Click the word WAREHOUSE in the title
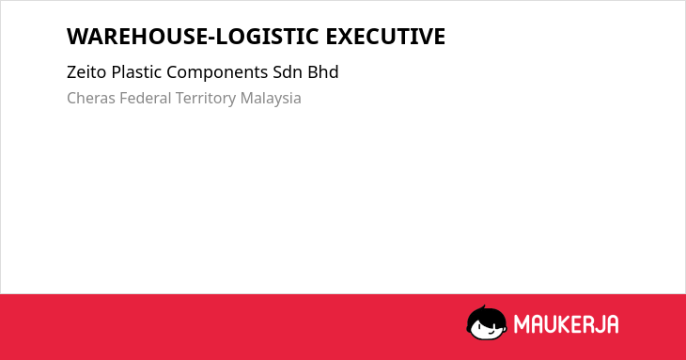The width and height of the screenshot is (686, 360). point(138,37)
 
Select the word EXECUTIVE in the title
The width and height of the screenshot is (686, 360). point(385,37)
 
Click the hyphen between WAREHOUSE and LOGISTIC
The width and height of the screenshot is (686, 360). point(212,39)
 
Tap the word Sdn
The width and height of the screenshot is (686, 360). point(288,72)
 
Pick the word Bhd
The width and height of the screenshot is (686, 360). point(323,72)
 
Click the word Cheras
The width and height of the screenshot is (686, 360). point(91,99)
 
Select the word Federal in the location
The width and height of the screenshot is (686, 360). point(146,98)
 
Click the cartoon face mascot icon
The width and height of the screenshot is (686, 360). point(487,323)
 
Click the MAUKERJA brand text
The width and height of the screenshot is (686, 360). point(566,324)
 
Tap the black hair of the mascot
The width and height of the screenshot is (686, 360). point(486,314)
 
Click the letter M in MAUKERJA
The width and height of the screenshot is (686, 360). point(522,324)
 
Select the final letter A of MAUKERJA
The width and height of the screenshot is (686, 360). point(613,324)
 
